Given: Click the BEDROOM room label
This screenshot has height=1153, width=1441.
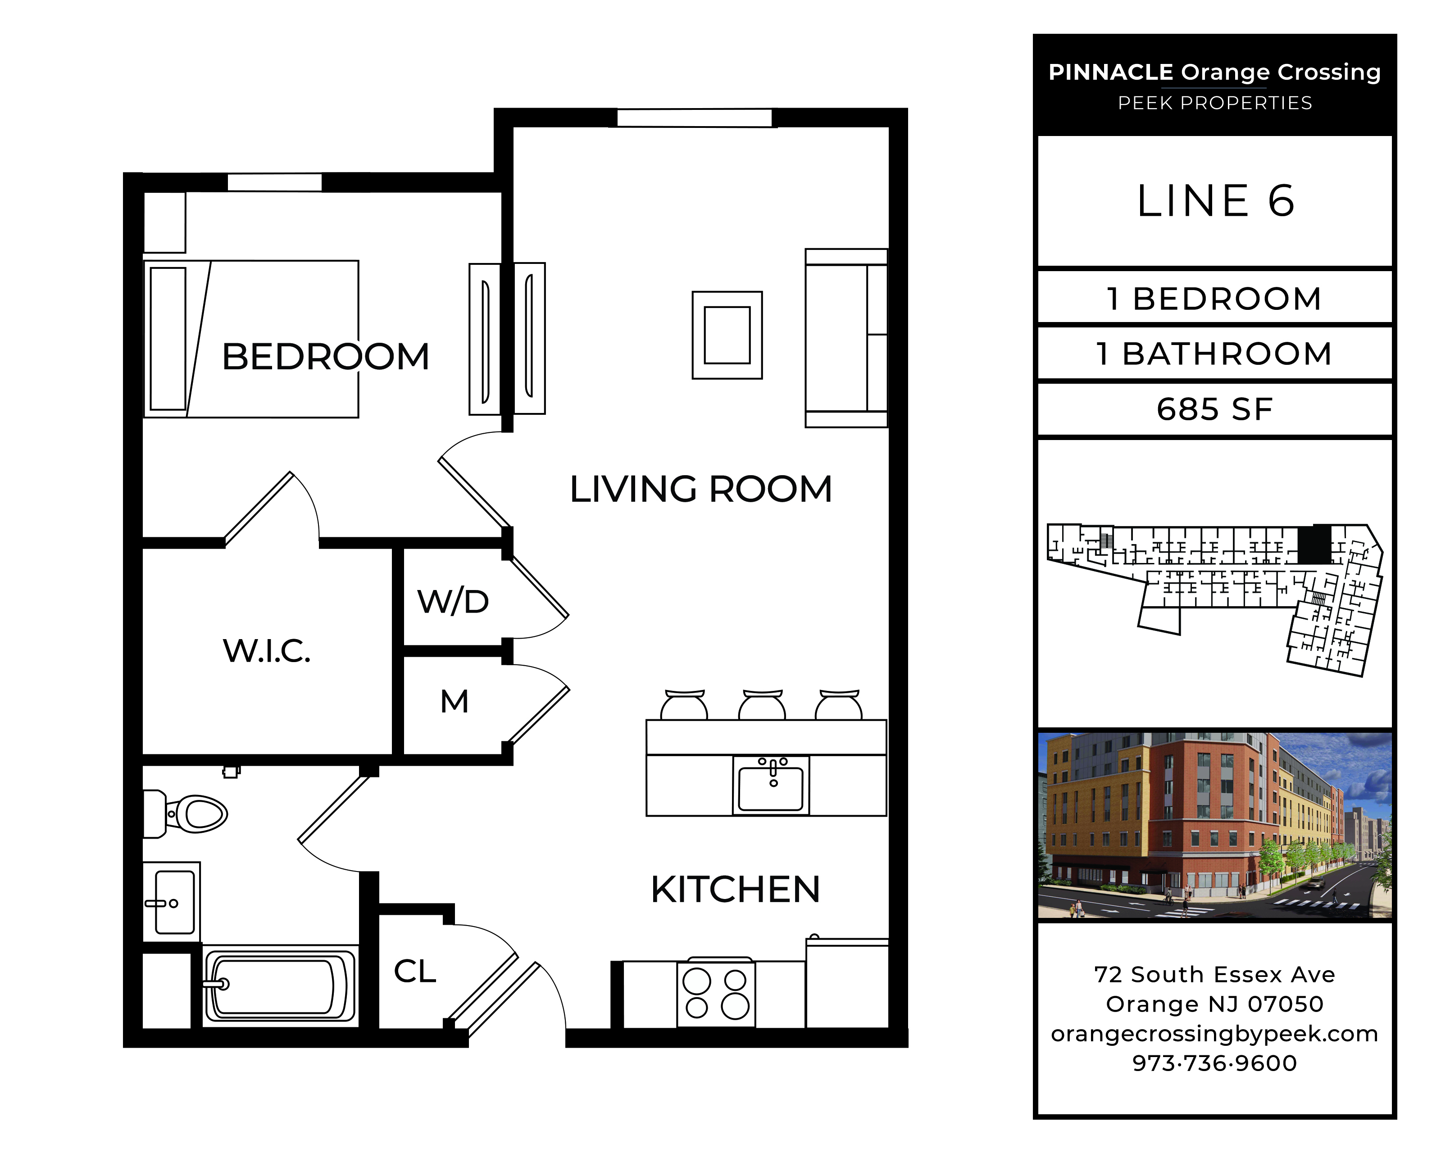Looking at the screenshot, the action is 326,356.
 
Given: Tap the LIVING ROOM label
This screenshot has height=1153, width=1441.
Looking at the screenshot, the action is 701,489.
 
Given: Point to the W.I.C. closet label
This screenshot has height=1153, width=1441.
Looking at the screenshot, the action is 267,651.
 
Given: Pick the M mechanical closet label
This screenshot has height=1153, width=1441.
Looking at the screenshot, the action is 455,702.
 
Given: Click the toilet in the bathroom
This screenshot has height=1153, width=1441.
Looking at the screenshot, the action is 186,813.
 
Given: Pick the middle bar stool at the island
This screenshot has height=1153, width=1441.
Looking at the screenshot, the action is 762,705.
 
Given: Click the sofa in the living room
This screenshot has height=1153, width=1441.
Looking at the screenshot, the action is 846,338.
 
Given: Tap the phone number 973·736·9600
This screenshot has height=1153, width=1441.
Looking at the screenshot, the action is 1214,1063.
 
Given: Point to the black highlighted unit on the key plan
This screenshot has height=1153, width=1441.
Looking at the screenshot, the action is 1314,544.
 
